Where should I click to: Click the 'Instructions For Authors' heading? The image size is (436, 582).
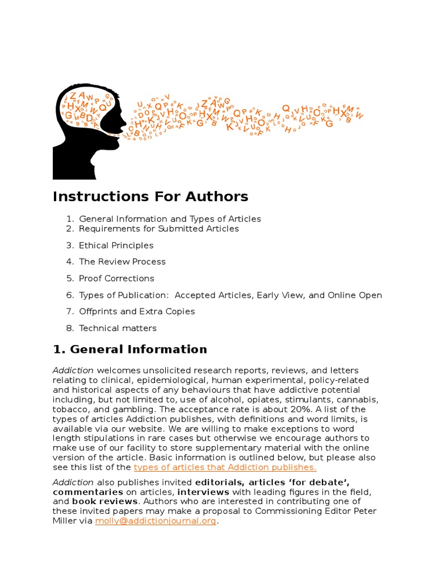150,197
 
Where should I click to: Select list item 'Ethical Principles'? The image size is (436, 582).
116,246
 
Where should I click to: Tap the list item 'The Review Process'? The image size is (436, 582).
122,262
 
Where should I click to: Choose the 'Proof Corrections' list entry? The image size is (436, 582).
116,278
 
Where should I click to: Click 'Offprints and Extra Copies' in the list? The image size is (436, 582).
137,311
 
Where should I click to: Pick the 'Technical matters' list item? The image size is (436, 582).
118,328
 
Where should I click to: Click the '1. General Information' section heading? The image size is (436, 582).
130,350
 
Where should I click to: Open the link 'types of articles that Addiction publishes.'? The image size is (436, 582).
225,467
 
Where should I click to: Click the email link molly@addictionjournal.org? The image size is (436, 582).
156,521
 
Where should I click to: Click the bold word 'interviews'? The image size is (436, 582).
203,492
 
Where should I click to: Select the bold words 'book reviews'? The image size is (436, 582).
105,501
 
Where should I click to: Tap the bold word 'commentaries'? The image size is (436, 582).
87,492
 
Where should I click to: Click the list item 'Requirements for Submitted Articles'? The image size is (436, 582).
159,229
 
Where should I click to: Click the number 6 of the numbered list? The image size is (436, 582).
70,295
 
